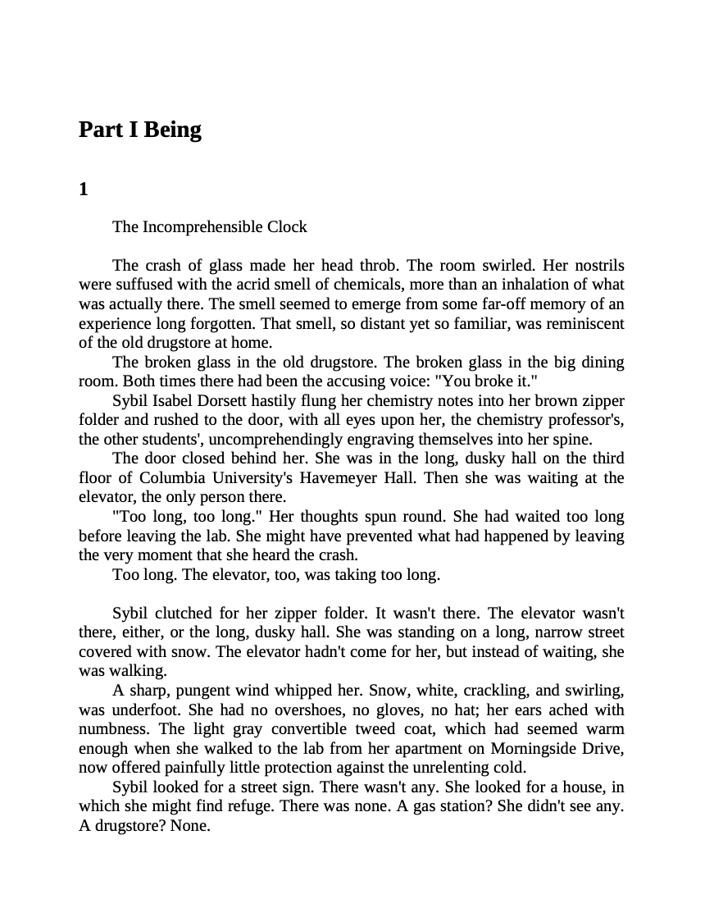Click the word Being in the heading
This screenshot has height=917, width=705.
click(x=172, y=130)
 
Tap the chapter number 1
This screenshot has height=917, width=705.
click(x=83, y=190)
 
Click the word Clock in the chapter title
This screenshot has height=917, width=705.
click(x=287, y=226)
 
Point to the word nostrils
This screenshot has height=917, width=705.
click(x=597, y=266)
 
